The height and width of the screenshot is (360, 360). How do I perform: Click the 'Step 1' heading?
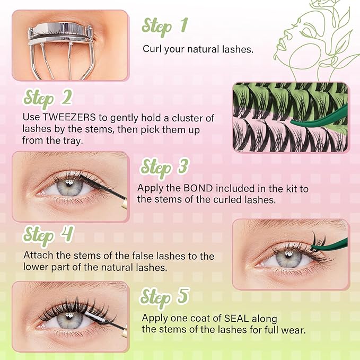point(165,26)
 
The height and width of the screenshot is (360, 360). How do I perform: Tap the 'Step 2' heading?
point(47,99)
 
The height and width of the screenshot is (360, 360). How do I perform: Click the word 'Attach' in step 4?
point(38,256)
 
